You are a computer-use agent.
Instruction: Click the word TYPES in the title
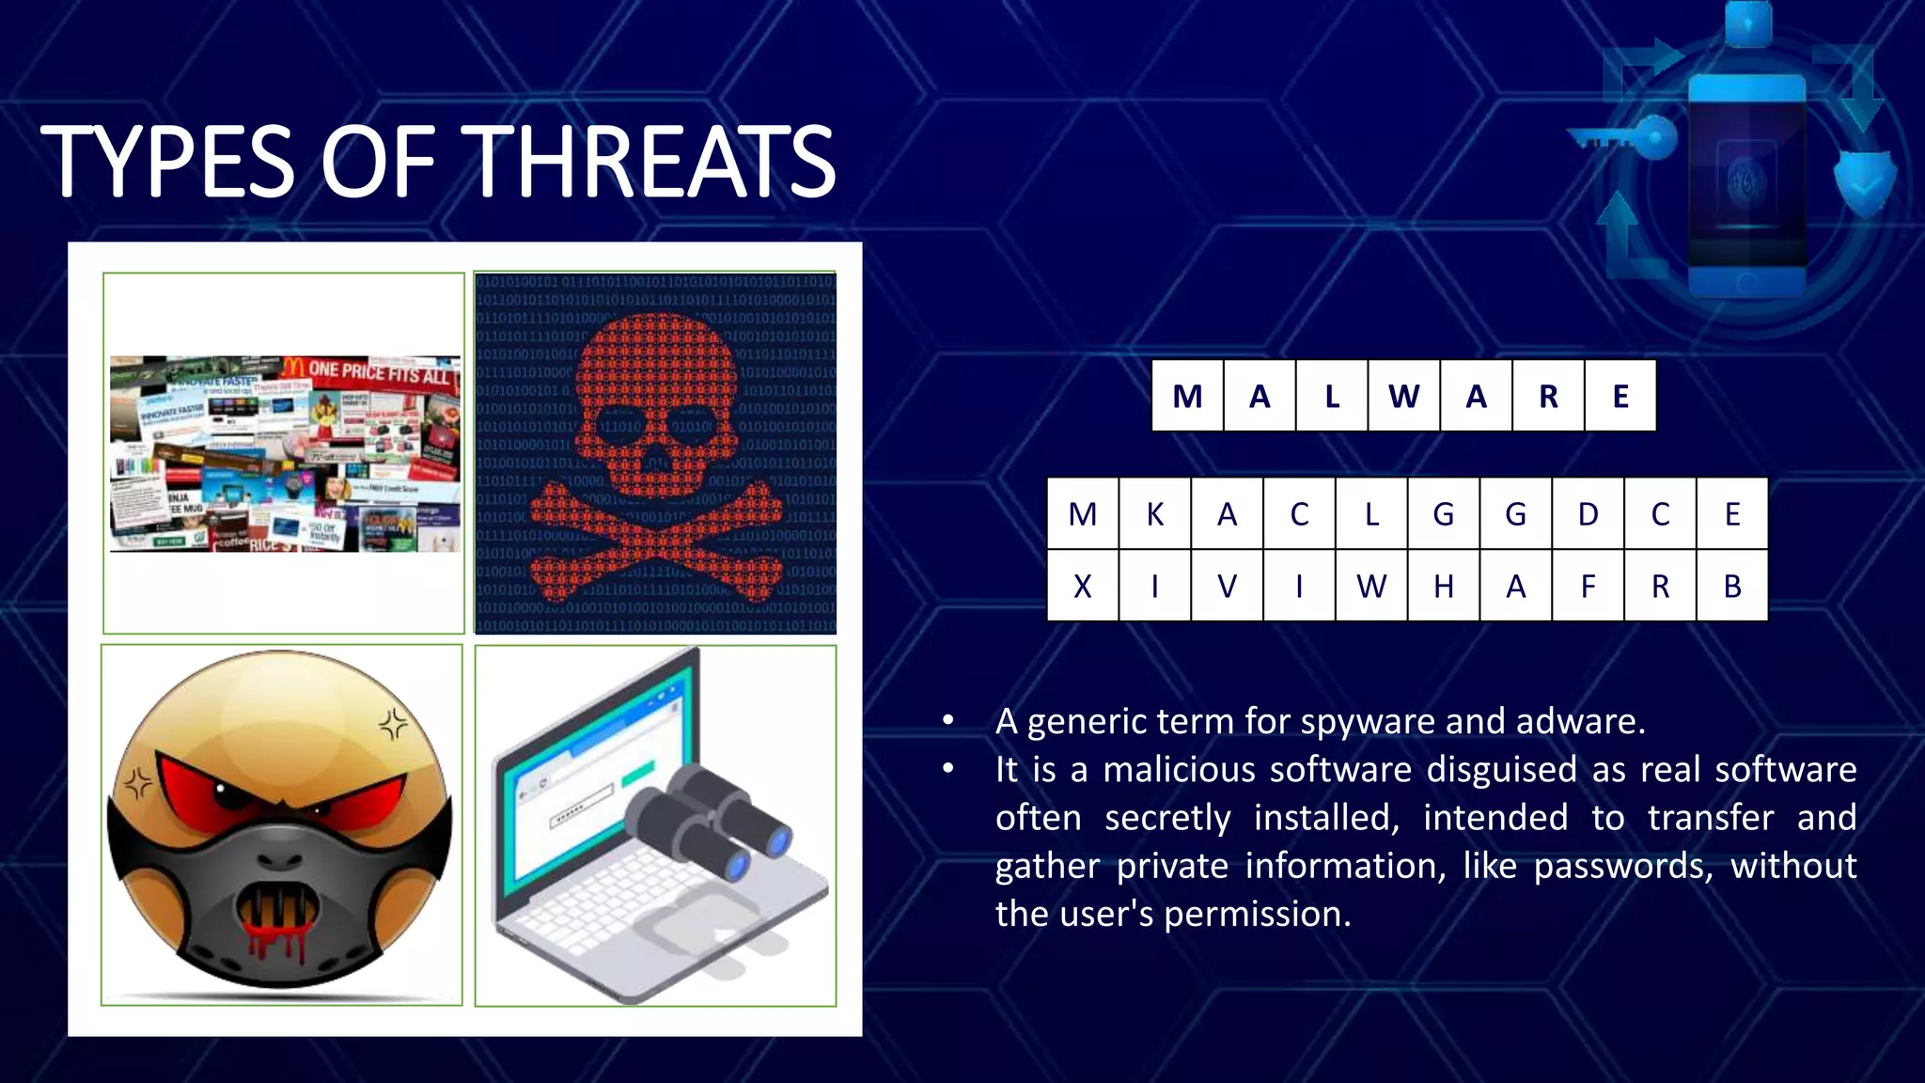click(167, 162)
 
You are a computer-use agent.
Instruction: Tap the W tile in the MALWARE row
click(1403, 396)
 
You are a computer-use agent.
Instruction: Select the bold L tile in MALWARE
click(1332, 396)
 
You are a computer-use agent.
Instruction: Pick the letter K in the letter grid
click(1155, 514)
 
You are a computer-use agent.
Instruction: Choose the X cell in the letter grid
click(1083, 587)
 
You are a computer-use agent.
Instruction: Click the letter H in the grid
click(1444, 587)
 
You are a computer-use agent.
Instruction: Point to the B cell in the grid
click(1732, 587)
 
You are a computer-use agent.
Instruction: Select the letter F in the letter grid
click(1588, 587)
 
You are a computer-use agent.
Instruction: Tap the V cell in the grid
click(1227, 587)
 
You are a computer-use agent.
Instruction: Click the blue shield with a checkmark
click(1865, 181)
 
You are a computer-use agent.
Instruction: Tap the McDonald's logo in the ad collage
click(293, 367)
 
